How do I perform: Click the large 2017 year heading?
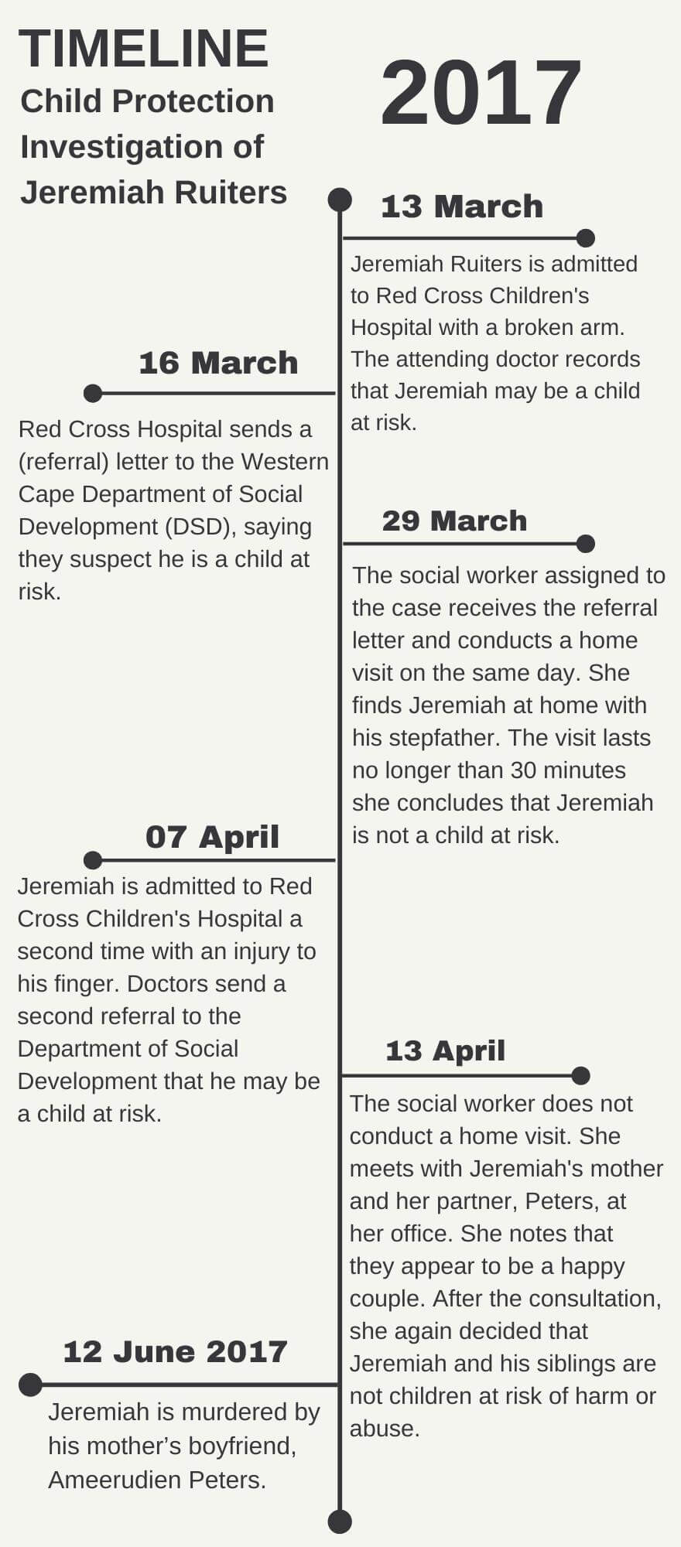point(481,94)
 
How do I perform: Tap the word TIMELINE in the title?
point(143,49)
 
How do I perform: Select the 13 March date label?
point(462,207)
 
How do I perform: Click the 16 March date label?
point(218,363)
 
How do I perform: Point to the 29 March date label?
point(454,521)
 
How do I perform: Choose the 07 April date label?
point(212,837)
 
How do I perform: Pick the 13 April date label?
point(445,1050)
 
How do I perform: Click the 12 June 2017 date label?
point(175,1351)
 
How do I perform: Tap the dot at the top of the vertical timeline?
point(340,200)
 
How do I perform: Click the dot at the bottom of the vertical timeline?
point(340,1521)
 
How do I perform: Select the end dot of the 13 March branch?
point(586,238)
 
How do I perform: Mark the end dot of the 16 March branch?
point(93,394)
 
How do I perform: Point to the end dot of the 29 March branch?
point(586,544)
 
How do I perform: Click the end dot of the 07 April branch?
point(93,860)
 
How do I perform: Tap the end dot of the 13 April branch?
point(581,1075)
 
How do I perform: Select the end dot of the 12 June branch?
point(30,1385)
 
